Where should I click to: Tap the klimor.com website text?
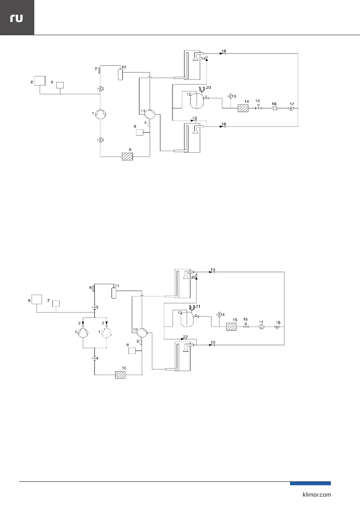tap(315, 495)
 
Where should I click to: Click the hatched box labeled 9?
tap(127, 157)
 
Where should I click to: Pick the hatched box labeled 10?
tap(121, 375)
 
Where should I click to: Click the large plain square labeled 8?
tap(40, 81)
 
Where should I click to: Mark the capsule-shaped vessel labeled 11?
tap(114, 293)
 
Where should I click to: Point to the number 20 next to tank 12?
tap(209, 87)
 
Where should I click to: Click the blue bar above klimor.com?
tap(310, 484)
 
